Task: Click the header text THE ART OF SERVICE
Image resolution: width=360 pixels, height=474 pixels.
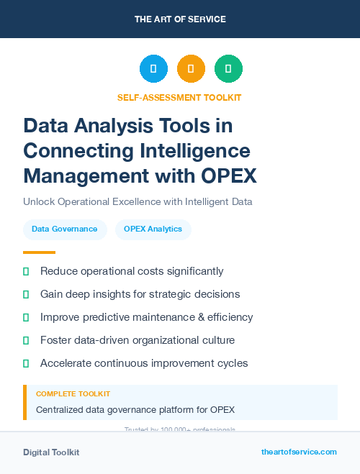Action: (180, 19)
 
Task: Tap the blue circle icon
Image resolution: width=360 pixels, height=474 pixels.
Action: (153, 69)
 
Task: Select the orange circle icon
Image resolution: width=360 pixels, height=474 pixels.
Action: (191, 69)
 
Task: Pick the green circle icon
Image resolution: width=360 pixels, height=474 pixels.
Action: (228, 69)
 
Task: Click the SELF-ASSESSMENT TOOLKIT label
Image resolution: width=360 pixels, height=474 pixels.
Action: (179, 97)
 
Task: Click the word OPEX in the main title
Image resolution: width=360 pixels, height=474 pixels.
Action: (223, 175)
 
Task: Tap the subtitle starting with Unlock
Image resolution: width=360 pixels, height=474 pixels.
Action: (138, 202)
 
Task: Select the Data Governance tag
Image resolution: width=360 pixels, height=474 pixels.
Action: (65, 229)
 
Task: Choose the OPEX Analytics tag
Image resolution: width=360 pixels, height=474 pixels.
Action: (153, 229)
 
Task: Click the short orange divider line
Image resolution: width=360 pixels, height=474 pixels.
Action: (39, 252)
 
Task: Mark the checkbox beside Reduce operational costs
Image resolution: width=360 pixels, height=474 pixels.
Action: (26, 271)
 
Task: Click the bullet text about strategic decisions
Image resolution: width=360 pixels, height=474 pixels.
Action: (140, 294)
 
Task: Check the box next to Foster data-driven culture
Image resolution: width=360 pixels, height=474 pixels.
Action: (26, 340)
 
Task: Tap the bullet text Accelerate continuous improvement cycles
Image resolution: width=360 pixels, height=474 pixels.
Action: (144, 363)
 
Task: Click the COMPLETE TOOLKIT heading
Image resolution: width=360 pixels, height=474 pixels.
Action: (73, 394)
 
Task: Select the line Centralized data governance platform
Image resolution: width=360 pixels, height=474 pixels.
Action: (135, 410)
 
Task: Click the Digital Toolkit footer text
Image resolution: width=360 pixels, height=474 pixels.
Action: (51, 452)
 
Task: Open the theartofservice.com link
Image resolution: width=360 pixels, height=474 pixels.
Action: (299, 452)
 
